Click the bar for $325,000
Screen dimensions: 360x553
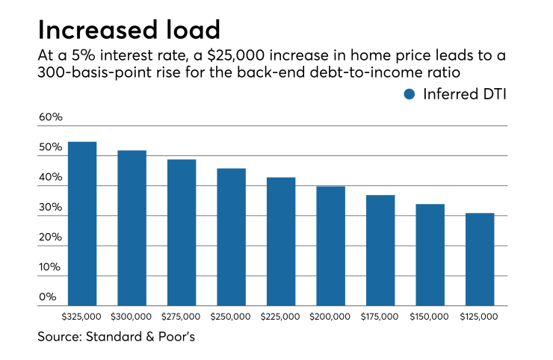tap(82, 223)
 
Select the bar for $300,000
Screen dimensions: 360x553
tap(132, 228)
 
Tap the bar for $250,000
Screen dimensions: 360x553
tap(231, 237)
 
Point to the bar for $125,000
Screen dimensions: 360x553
tap(480, 259)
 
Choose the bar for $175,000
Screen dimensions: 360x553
tap(380, 250)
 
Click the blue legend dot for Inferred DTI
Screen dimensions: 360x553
tap(409, 94)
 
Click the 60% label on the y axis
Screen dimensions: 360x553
tap(51, 118)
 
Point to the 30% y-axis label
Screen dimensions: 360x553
tap(51, 208)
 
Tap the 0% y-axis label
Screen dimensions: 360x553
tap(48, 297)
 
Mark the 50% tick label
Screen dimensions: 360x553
tap(51, 148)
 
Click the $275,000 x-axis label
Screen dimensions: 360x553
tap(181, 317)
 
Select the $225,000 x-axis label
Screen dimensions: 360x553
tap(280, 317)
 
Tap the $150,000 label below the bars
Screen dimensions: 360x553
tap(430, 317)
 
